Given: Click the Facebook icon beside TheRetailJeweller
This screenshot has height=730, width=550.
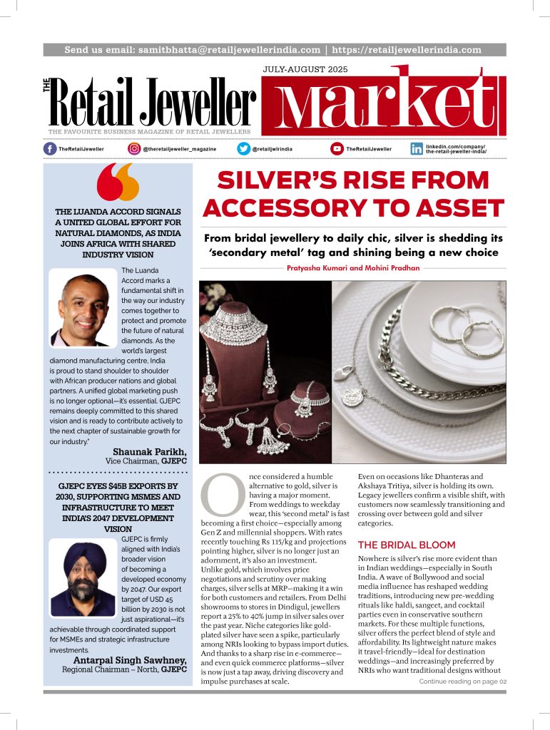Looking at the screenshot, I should coord(50,148).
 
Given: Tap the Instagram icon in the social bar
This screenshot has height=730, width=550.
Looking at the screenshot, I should coord(134,148).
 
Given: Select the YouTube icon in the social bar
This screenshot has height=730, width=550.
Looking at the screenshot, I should coord(337,148).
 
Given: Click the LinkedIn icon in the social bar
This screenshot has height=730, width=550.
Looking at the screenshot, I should coord(417,148).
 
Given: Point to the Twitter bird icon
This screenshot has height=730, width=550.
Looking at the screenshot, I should coord(244,148).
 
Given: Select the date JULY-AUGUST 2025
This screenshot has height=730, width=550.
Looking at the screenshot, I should coord(304,70).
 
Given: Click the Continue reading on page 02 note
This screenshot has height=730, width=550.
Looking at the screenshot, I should coord(462,681).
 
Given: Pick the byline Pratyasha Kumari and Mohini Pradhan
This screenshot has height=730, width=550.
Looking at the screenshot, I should coord(354,267).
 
